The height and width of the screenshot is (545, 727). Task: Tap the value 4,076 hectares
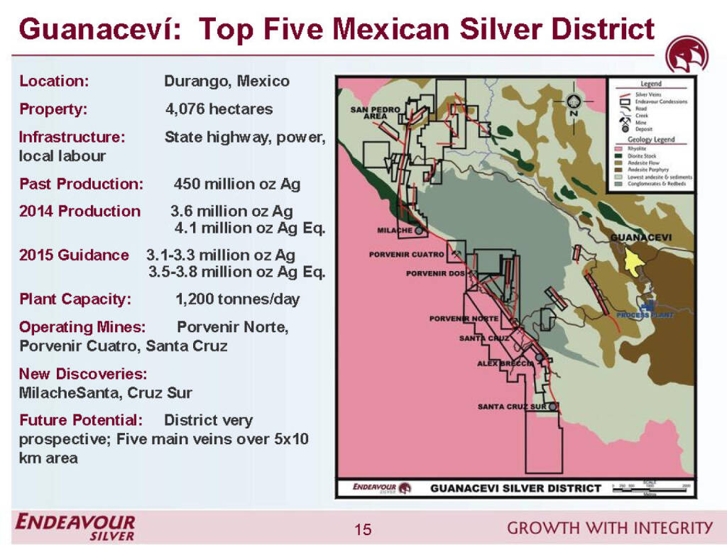(219, 109)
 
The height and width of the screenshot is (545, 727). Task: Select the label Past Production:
(81, 184)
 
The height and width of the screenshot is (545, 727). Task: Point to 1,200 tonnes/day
(237, 299)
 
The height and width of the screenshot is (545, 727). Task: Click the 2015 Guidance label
(74, 255)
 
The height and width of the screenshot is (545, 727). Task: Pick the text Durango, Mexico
(226, 81)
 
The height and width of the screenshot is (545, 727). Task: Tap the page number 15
(363, 529)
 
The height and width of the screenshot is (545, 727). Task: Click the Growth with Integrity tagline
(610, 527)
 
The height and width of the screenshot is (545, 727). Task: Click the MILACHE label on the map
(395, 231)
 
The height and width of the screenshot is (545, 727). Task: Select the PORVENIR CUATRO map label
(407, 254)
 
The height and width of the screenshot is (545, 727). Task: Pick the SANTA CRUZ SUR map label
(512, 407)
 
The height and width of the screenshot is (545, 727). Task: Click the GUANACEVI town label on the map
(641, 237)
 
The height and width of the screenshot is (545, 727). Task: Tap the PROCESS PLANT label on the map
(643, 314)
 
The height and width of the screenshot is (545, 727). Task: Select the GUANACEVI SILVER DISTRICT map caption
(516, 488)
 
